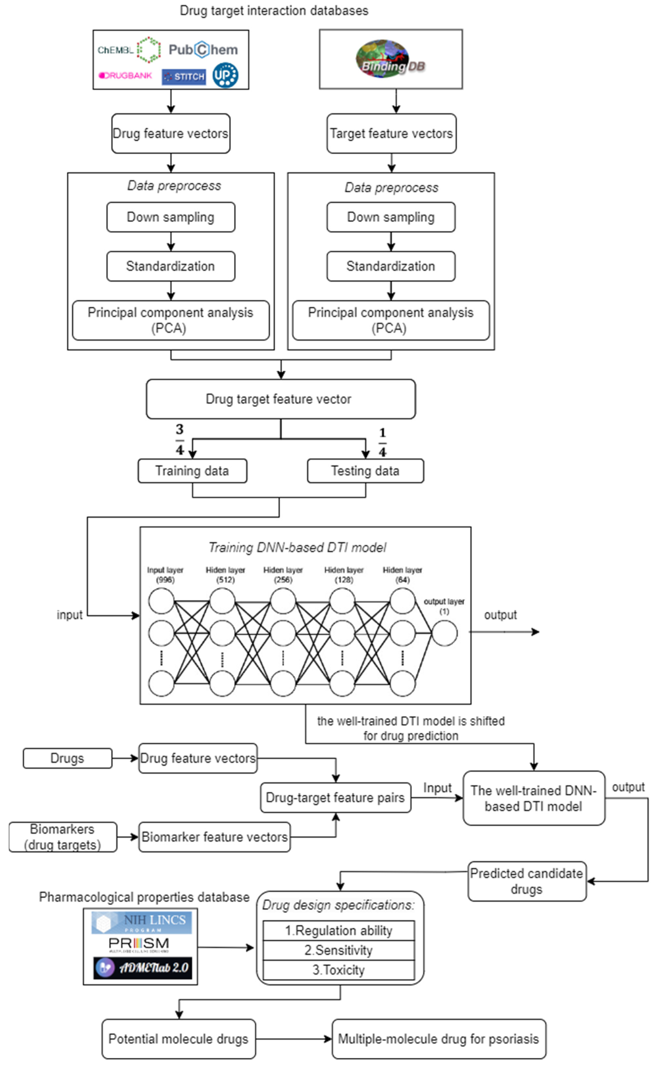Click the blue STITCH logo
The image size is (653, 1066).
click(x=184, y=77)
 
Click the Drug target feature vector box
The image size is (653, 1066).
click(x=281, y=399)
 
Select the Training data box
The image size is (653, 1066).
click(x=193, y=471)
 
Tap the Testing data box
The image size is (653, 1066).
click(x=365, y=471)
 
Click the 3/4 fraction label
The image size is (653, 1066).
click(x=179, y=439)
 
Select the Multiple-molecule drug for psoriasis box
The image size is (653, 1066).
click(x=439, y=1039)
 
